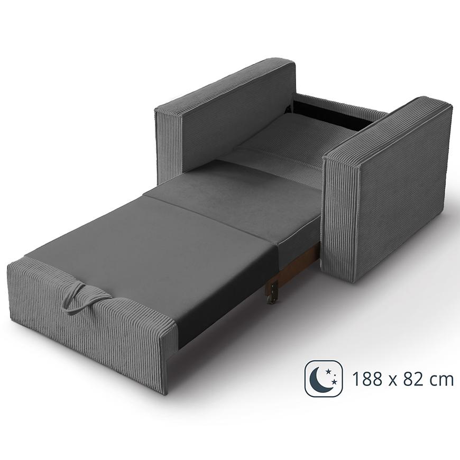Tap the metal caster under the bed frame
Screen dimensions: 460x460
[272, 298]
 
